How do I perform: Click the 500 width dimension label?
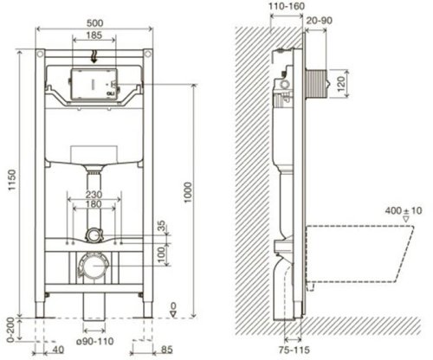click(x=94, y=22)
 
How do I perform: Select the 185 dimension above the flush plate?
click(x=94, y=35)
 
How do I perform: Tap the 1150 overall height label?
click(x=12, y=180)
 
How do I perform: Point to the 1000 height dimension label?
click(x=188, y=192)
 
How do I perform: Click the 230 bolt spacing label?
click(x=94, y=195)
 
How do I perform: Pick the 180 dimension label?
click(x=94, y=204)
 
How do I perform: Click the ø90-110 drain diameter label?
click(x=95, y=342)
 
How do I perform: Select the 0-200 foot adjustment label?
click(x=10, y=330)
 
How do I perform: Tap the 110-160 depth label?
click(x=287, y=6)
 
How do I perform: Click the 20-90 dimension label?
click(x=319, y=21)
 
